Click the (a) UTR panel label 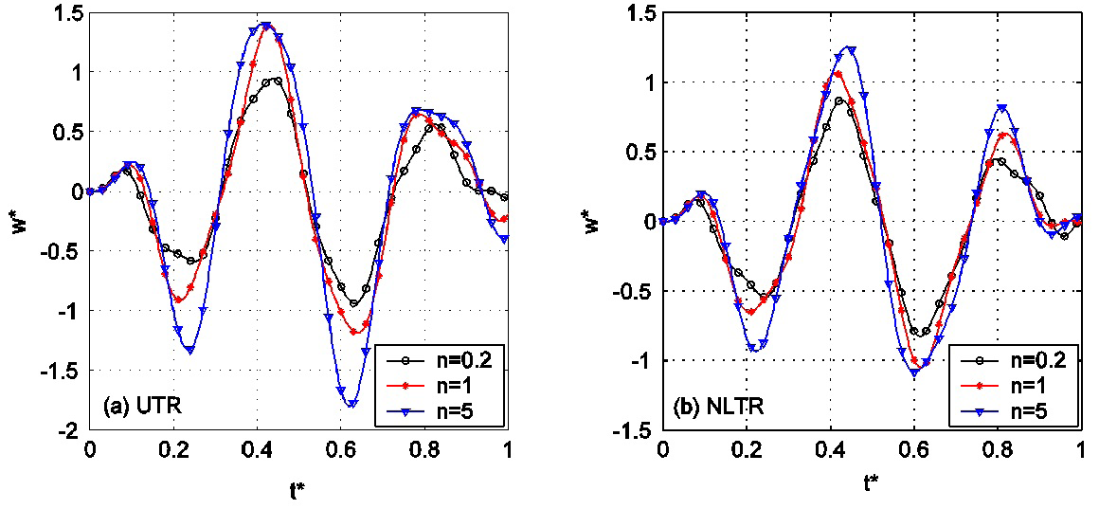(x=141, y=409)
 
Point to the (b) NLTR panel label (x=718, y=409)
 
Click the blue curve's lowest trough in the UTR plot (x=352, y=404)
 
